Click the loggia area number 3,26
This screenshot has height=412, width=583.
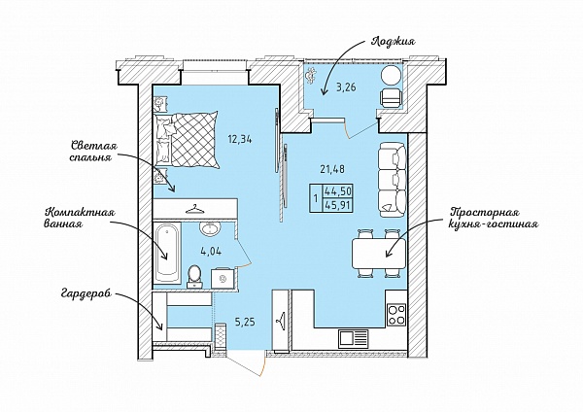pyautogui.click(x=346, y=87)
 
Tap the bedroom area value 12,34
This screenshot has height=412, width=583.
pyautogui.click(x=240, y=140)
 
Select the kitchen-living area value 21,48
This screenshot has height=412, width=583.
pyautogui.click(x=332, y=169)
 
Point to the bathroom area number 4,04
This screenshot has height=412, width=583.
pyautogui.click(x=211, y=252)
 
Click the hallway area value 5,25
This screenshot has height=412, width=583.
pyautogui.click(x=245, y=322)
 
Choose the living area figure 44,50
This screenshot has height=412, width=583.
pyautogui.click(x=338, y=191)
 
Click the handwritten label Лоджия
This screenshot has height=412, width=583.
pyautogui.click(x=393, y=42)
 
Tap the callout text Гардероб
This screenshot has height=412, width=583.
pyautogui.click(x=86, y=294)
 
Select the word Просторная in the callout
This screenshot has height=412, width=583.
pyautogui.click(x=485, y=213)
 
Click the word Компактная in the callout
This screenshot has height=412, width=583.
pyautogui.click(x=80, y=213)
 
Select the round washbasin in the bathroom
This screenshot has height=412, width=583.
pyautogui.click(x=210, y=228)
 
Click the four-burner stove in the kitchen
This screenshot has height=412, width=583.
pyautogui.click(x=396, y=315)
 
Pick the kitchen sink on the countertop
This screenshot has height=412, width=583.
pyautogui.click(x=353, y=339)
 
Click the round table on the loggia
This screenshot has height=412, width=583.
pyautogui.click(x=391, y=76)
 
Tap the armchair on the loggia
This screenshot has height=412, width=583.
pyautogui.click(x=392, y=98)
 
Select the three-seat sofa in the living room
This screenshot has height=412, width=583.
pyautogui.click(x=392, y=181)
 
